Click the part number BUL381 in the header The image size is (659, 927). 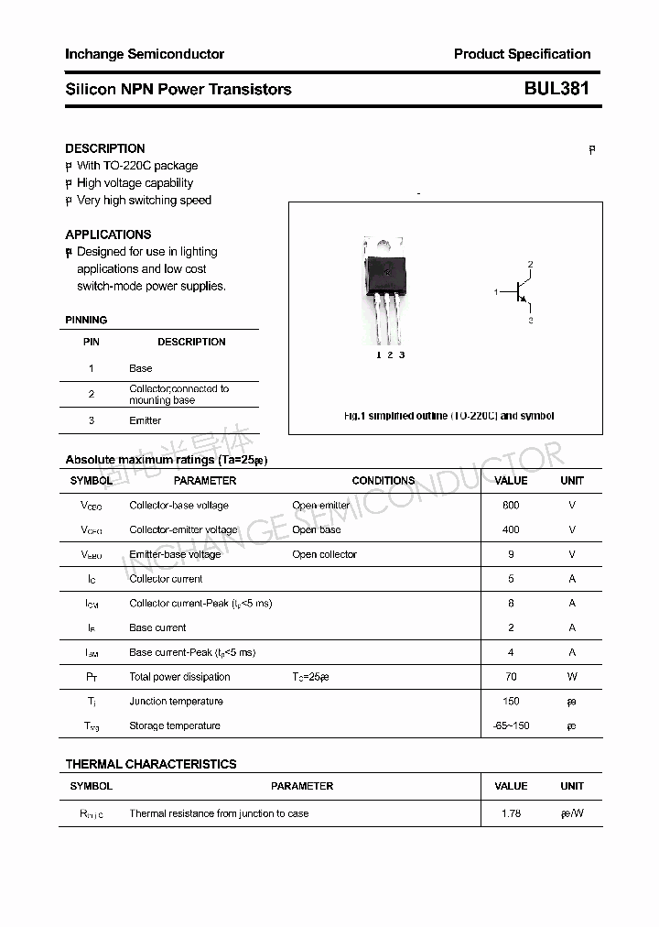pos(556,89)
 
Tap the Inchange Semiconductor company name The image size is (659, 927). pos(145,54)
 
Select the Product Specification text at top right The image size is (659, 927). pos(522,54)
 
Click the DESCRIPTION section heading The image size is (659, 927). pos(105,148)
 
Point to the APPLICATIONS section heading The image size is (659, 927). pos(108,234)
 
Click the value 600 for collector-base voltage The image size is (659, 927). pos(511,506)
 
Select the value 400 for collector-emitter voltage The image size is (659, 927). pos(511,529)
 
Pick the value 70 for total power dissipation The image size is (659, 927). pos(511,677)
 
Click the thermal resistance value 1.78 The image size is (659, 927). pos(511,813)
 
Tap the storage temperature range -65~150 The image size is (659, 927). pos(511,726)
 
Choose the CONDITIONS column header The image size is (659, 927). pos(384,481)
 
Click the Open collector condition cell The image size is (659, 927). pos(324,554)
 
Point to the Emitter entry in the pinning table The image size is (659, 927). pos(145,420)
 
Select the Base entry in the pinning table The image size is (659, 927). pos(141,368)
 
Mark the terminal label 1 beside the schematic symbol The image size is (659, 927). pos(496,292)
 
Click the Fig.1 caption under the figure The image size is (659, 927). pos(448,416)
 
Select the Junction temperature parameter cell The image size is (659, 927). pos(176,702)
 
